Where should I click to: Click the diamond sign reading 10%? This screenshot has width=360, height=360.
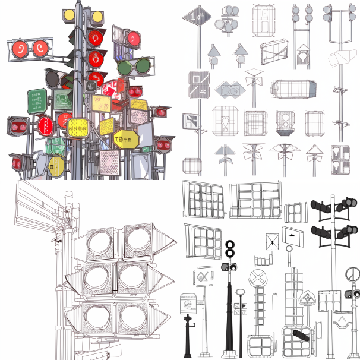click(196, 18)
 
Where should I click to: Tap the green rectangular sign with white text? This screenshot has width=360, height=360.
click(37, 101)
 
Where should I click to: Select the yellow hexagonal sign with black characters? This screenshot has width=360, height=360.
click(125, 140)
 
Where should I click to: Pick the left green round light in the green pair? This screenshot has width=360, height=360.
click(125, 67)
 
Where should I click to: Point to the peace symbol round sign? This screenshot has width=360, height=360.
click(352, 273)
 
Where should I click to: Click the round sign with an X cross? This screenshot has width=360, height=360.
click(258, 277)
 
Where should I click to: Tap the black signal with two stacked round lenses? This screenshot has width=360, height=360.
click(230, 249)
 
